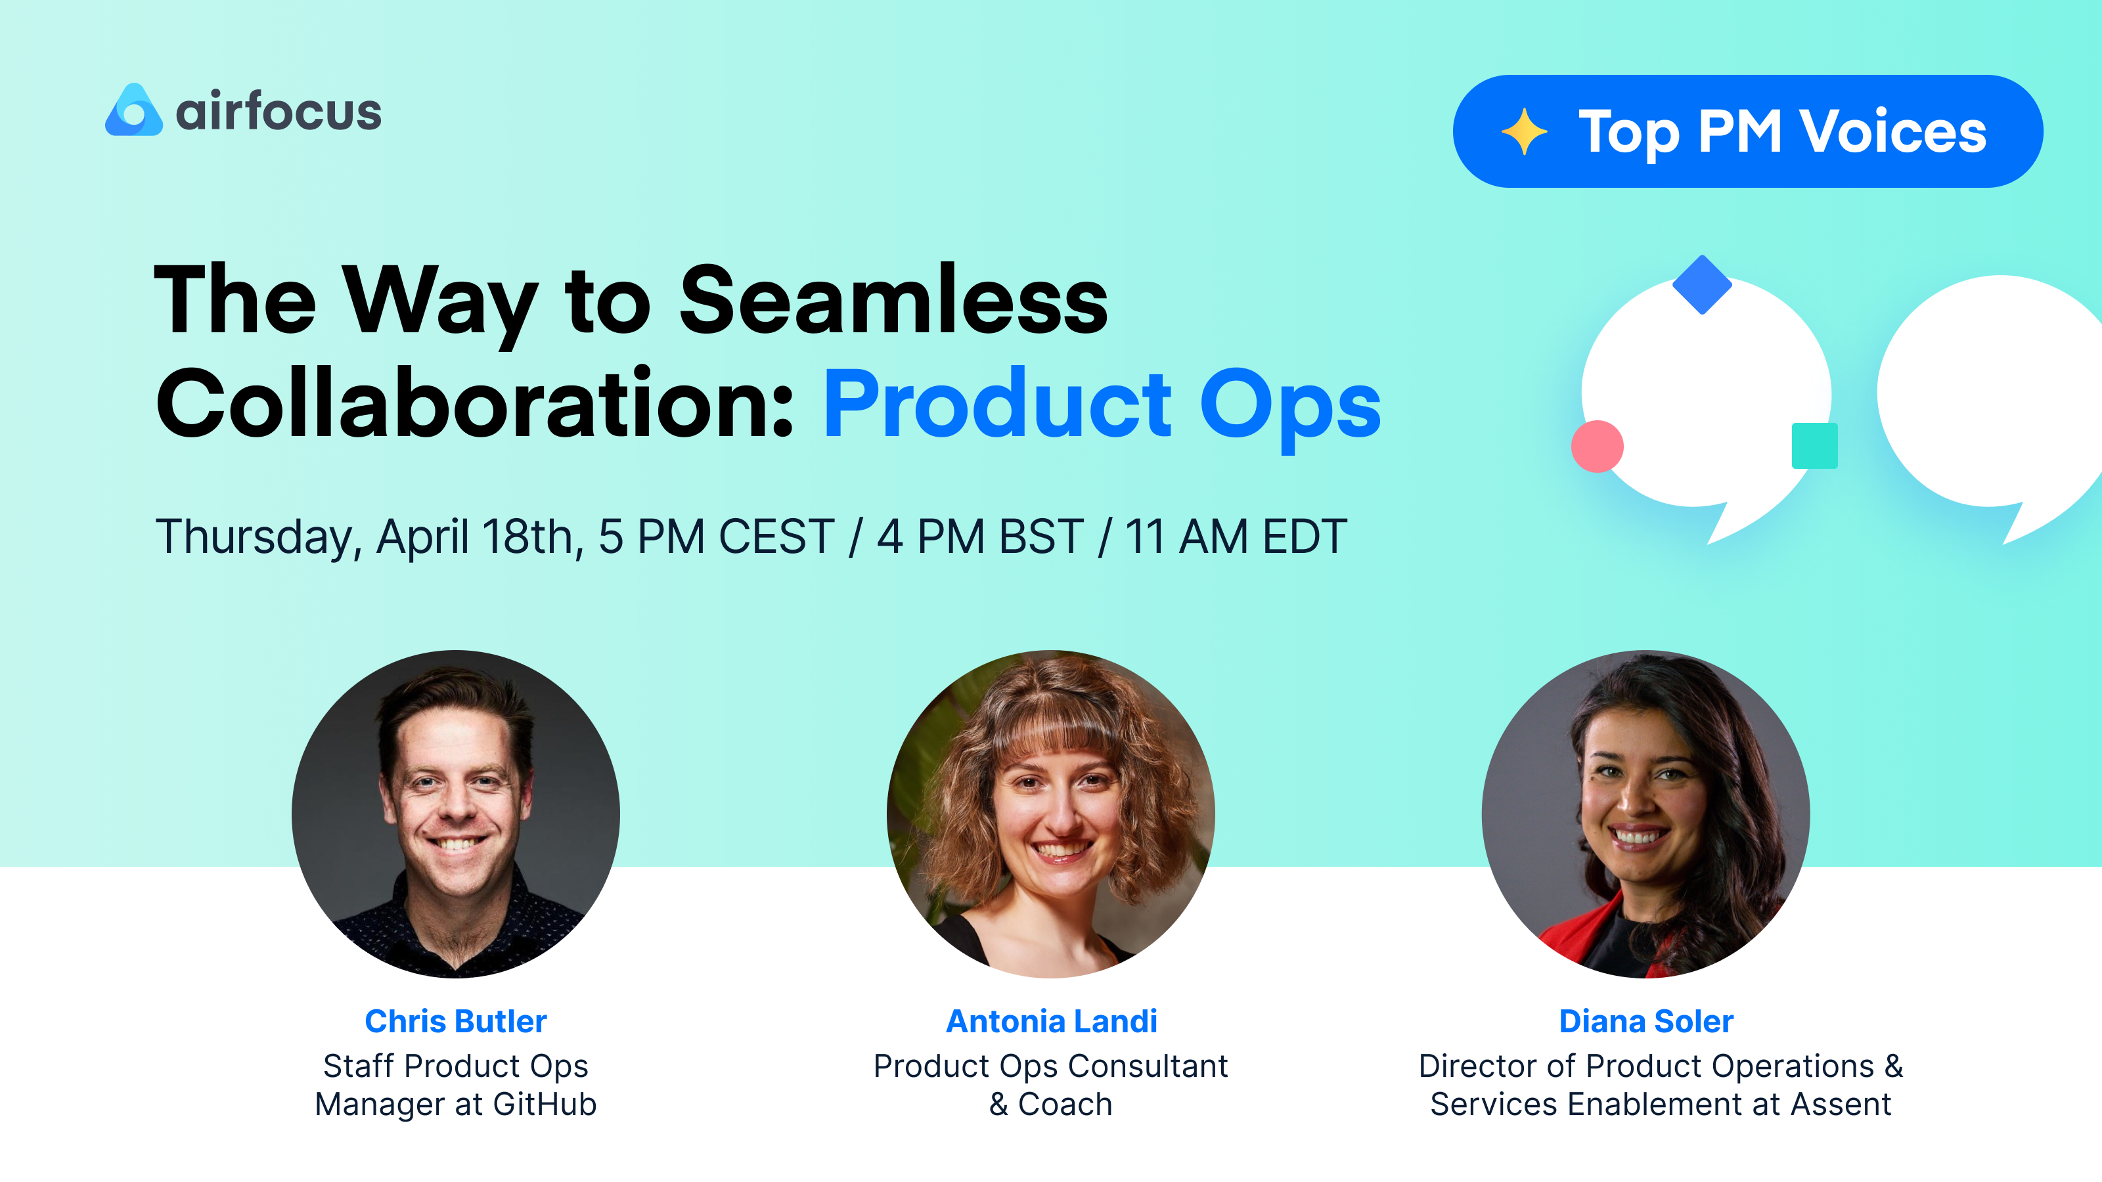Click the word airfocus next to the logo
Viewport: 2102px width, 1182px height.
click(x=279, y=112)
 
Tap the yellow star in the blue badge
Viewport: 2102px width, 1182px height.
click(x=1523, y=131)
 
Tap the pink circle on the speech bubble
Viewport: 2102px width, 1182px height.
click(x=1597, y=447)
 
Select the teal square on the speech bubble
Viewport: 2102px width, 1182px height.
click(x=1814, y=445)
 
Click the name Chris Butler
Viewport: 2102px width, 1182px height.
click(x=455, y=1021)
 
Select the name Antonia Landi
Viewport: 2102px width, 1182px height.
click(x=1051, y=1021)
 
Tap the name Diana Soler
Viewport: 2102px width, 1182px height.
click(x=1646, y=1021)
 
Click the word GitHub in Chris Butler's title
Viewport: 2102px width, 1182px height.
click(x=545, y=1105)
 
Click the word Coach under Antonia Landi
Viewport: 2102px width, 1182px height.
click(x=1065, y=1105)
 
